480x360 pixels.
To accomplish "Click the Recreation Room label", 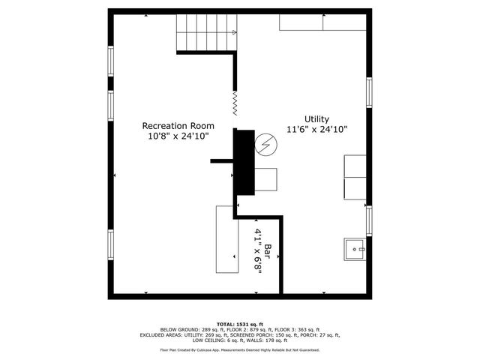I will pos(178,125).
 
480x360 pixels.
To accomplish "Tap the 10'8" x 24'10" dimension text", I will pos(178,136).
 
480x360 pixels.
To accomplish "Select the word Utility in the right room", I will pos(316,118).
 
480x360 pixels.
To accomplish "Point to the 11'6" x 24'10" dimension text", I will pos(316,130).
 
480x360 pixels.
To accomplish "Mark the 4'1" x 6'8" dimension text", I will pos(257,251).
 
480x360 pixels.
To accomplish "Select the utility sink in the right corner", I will pos(355,248).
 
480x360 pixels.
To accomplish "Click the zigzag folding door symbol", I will pos(235,103).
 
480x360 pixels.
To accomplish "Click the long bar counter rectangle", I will pos(227,239).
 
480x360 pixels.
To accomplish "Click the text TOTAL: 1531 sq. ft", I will pos(240,322).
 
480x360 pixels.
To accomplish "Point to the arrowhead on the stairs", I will pos(234,32).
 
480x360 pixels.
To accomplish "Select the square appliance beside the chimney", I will pos(265,179).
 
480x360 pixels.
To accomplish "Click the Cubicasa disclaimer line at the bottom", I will pos(240,349).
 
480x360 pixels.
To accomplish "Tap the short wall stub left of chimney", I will pos(222,159).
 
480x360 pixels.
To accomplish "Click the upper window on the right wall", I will pos(369,92).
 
